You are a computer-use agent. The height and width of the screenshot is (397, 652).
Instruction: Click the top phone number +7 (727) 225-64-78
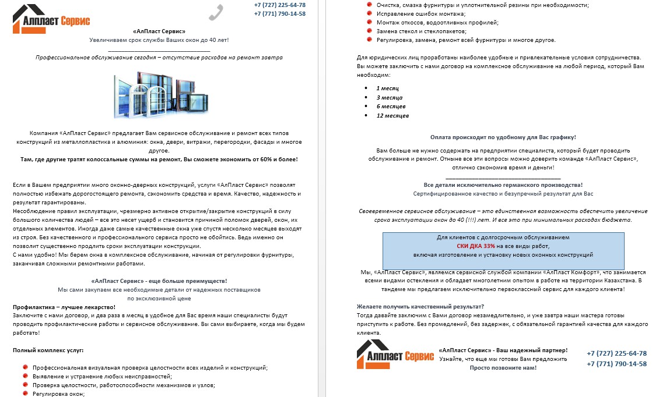click(x=279, y=5)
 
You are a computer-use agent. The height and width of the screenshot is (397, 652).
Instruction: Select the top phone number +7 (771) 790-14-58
click(x=279, y=14)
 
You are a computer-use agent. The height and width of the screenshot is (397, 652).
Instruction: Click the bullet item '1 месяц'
click(x=387, y=88)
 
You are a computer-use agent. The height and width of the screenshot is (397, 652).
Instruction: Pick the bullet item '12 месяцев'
click(x=392, y=116)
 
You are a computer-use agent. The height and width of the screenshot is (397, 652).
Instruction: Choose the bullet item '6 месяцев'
click(x=391, y=107)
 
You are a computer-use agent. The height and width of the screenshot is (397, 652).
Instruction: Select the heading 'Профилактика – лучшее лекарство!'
click(x=64, y=307)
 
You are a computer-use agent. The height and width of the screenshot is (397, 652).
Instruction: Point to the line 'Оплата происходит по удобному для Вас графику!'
click(x=502, y=137)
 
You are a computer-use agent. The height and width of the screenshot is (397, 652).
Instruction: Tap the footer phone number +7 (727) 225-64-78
click(x=616, y=354)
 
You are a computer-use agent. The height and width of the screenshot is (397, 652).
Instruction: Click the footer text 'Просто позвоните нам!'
click(x=503, y=368)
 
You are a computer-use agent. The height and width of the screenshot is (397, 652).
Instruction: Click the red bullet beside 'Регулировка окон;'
click(x=24, y=394)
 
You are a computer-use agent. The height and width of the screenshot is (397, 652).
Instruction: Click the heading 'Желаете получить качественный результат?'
click(x=420, y=307)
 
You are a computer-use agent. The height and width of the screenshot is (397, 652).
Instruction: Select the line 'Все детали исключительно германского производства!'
click(x=503, y=185)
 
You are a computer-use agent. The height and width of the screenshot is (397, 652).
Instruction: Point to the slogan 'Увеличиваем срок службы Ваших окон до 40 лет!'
click(x=159, y=40)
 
